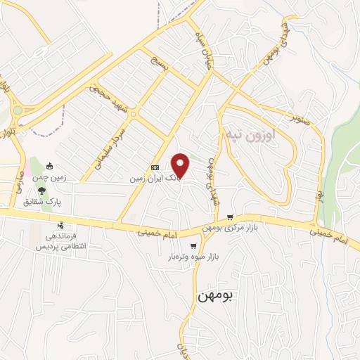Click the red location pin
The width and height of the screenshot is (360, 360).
click(181, 165)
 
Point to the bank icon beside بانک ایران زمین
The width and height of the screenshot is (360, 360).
click(155, 167)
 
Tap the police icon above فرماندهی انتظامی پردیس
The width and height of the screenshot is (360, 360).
click(61, 225)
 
